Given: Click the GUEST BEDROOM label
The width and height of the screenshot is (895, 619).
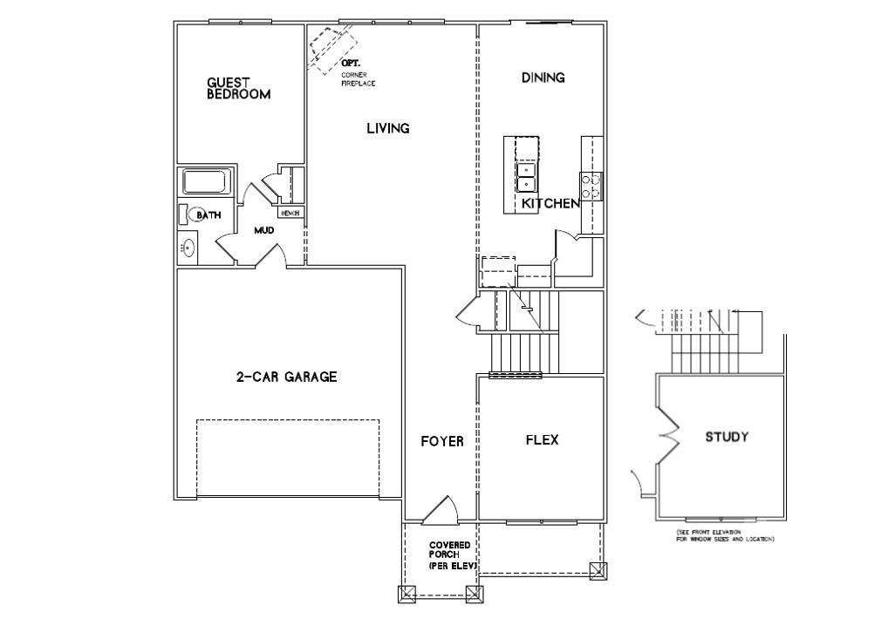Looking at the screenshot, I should (x=238, y=89).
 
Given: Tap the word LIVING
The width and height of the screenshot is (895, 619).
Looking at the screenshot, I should (x=387, y=129).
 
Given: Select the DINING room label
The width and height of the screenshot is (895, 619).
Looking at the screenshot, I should (x=543, y=78).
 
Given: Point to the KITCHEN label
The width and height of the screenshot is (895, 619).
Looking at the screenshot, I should (x=550, y=204).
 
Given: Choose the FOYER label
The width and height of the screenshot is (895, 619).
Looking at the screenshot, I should (x=441, y=441).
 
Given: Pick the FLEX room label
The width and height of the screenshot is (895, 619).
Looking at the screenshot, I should (x=542, y=440).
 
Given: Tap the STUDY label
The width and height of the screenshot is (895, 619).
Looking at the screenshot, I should (x=727, y=437).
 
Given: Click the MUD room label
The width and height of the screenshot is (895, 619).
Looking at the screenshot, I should (x=263, y=231).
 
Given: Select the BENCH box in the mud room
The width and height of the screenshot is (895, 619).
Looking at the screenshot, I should (x=290, y=213).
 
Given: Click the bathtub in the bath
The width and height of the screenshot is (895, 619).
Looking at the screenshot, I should (x=205, y=182).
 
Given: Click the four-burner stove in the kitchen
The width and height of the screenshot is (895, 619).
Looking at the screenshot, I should (x=591, y=186).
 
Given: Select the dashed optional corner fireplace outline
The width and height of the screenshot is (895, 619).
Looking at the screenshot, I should (x=330, y=49).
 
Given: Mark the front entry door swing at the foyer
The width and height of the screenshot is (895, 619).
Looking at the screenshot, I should (x=439, y=513).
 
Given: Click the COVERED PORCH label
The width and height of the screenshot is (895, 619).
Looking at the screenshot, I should (x=450, y=555).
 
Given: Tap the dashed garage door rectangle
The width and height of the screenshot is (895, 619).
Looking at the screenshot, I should (x=288, y=458).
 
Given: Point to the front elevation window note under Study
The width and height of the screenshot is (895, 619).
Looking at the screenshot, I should (x=724, y=535).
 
